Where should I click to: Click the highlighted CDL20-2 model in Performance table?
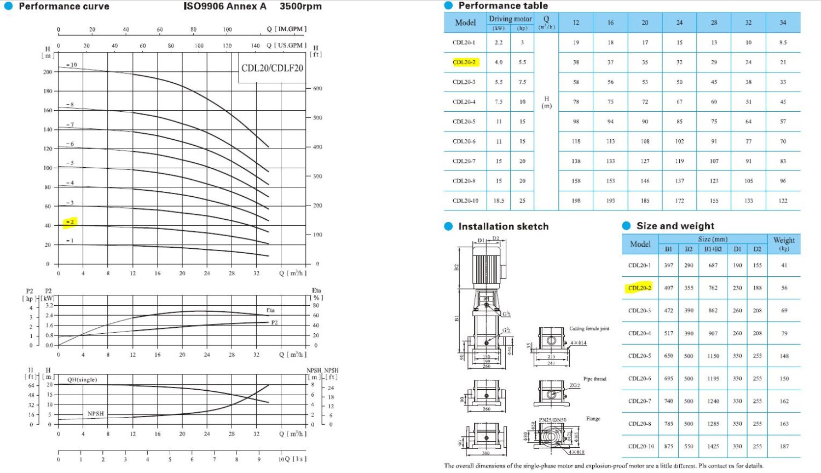465,62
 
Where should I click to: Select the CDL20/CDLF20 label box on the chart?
272,68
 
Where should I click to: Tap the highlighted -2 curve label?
70,222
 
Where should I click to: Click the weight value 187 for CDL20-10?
784,446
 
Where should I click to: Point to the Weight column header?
784,243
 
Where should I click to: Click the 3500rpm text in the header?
300,7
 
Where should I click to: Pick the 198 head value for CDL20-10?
576,201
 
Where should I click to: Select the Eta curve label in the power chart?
270,310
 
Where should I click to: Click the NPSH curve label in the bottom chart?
96,414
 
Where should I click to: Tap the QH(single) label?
82,379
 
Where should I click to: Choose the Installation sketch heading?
503,226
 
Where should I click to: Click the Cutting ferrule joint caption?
589,329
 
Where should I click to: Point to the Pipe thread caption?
594,379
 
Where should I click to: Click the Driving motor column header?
510,19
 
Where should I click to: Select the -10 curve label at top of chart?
72,65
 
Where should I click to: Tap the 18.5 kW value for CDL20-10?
499,201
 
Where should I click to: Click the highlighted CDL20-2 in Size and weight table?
639,288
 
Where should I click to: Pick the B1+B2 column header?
713,249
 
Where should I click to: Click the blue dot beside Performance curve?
8,7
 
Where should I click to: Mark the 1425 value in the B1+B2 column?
713,446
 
